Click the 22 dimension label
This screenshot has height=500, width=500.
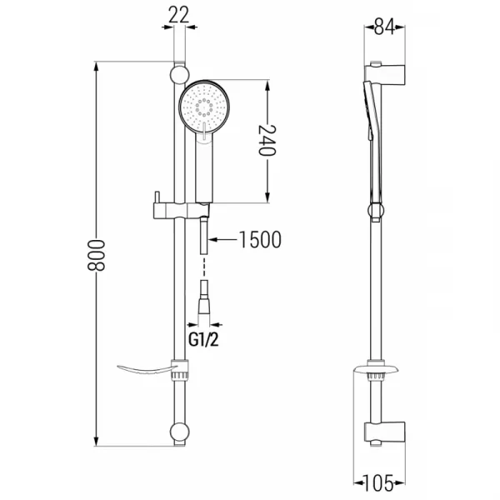click(178, 15)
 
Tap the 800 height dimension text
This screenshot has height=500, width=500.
click(96, 256)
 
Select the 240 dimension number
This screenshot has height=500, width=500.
click(267, 140)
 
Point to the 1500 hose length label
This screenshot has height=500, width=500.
click(260, 240)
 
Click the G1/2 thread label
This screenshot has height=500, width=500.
click(203, 340)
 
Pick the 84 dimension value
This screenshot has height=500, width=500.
click(384, 27)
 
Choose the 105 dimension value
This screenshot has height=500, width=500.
click(379, 483)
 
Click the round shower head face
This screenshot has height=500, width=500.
click(204, 106)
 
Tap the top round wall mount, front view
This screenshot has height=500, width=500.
click(179, 75)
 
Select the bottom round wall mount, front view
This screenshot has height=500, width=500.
click(179, 432)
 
